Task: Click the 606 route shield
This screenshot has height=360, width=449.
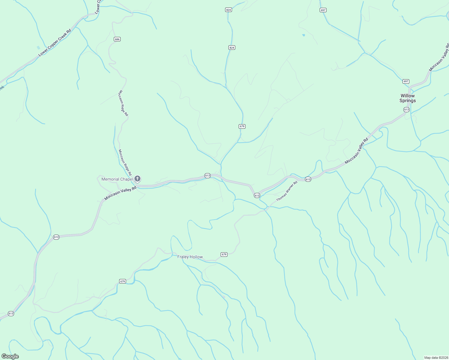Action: [x=117, y=39]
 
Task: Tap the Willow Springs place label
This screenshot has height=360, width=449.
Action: [x=407, y=98]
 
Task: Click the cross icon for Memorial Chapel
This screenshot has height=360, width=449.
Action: [x=137, y=179]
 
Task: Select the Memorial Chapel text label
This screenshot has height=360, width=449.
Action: [x=117, y=179]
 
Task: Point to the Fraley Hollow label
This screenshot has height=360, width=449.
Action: [x=190, y=257]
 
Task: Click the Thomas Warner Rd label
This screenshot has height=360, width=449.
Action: [x=287, y=191]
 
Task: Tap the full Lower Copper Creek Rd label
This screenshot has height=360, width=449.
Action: [x=55, y=43]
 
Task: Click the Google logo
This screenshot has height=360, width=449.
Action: [x=10, y=356]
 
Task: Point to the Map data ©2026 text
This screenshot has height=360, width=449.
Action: [x=436, y=358]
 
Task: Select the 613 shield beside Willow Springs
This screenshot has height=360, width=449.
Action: [x=406, y=109]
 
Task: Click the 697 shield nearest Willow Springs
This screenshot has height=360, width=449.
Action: [x=406, y=81]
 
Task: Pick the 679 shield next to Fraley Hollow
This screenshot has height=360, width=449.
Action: [x=224, y=254]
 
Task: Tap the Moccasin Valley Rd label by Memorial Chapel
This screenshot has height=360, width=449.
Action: [x=120, y=193]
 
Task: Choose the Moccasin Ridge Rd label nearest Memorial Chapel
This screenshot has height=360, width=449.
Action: [x=125, y=162]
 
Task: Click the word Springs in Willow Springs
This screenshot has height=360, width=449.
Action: [x=407, y=101]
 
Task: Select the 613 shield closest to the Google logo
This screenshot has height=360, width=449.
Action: [x=11, y=313]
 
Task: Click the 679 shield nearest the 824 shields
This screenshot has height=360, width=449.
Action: [x=242, y=126]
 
